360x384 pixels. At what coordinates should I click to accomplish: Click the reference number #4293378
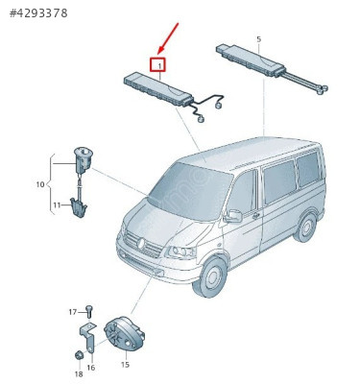click(x=38, y=13)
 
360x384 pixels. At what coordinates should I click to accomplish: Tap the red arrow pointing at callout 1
click(x=168, y=38)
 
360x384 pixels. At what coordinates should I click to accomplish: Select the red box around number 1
click(x=157, y=64)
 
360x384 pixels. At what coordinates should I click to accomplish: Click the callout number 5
click(x=258, y=39)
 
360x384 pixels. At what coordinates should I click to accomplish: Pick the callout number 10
click(x=40, y=184)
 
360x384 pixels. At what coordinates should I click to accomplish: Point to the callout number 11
click(x=57, y=204)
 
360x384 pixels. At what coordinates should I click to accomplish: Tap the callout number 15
click(x=125, y=364)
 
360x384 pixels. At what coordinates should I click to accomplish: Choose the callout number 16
click(x=91, y=368)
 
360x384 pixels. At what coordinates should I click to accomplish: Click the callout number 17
click(x=73, y=312)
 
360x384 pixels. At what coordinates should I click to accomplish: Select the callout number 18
click(x=79, y=373)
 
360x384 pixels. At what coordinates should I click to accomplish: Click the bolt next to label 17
click(x=88, y=311)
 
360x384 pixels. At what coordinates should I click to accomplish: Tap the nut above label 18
click(x=79, y=355)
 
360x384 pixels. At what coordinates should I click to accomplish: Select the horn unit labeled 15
click(x=125, y=333)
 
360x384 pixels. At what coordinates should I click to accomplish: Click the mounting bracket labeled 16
click(x=88, y=338)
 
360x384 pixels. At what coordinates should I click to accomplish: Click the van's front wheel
click(x=210, y=276)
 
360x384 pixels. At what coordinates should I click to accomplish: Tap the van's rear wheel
click(x=305, y=228)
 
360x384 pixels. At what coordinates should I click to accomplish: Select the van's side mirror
click(x=233, y=216)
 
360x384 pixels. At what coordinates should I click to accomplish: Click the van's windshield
click(x=191, y=191)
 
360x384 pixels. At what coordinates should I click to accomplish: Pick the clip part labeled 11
click(x=79, y=207)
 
